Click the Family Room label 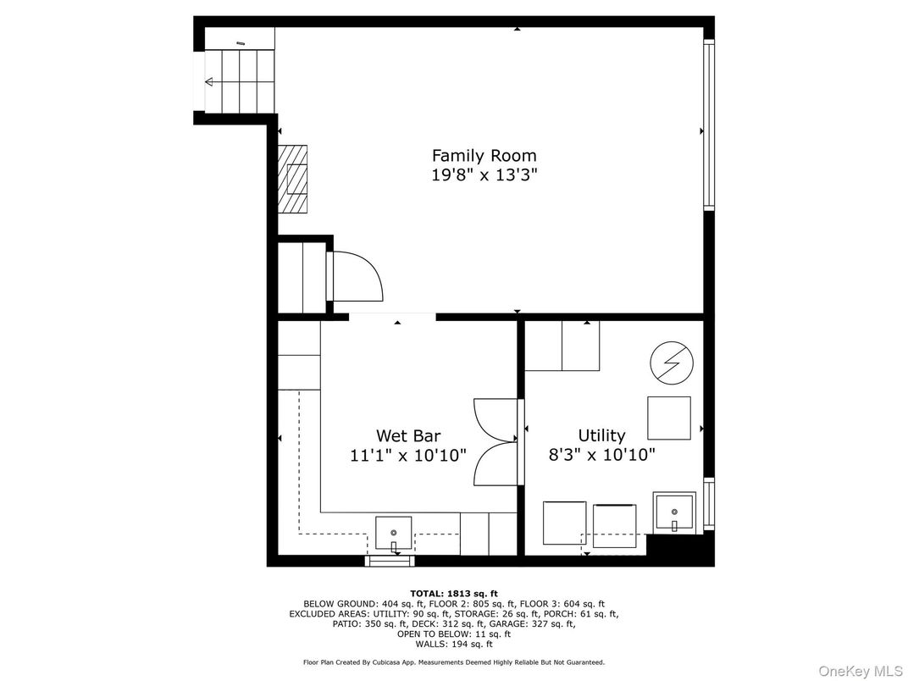[x=484, y=155]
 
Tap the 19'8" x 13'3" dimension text [x=484, y=174]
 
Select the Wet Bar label [x=408, y=435]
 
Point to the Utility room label [x=601, y=435]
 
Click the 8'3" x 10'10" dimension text [x=601, y=455]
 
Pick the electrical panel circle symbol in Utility [x=672, y=363]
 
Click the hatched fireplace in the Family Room [x=292, y=179]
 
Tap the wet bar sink [x=394, y=533]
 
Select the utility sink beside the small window [x=674, y=512]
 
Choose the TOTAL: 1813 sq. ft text [x=453, y=594]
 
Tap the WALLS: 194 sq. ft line [x=454, y=644]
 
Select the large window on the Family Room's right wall [x=709, y=124]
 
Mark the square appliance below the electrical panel [x=669, y=418]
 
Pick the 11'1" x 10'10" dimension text [x=408, y=455]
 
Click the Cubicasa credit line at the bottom [x=454, y=662]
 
